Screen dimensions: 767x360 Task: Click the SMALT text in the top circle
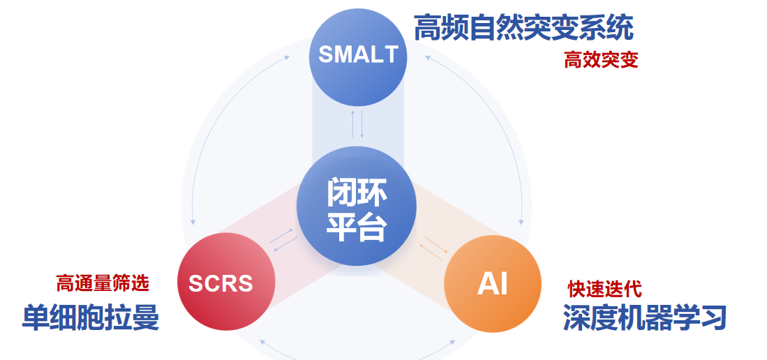coord(358,54)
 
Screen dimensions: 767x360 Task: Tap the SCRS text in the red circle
coord(221,283)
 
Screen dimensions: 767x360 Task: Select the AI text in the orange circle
coord(493,283)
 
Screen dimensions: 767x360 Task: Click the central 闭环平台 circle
coord(357,206)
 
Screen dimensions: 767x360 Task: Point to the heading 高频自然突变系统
coord(524,28)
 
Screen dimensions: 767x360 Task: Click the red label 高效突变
coord(601,61)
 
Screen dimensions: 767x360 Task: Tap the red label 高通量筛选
coord(102,283)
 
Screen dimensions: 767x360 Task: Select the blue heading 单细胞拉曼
coord(91,318)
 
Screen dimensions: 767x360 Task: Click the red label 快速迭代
coord(604,289)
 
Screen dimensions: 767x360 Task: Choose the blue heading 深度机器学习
coord(645,318)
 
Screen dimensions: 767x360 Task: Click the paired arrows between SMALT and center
coord(357,124)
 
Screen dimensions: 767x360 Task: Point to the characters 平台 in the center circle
coord(357,226)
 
